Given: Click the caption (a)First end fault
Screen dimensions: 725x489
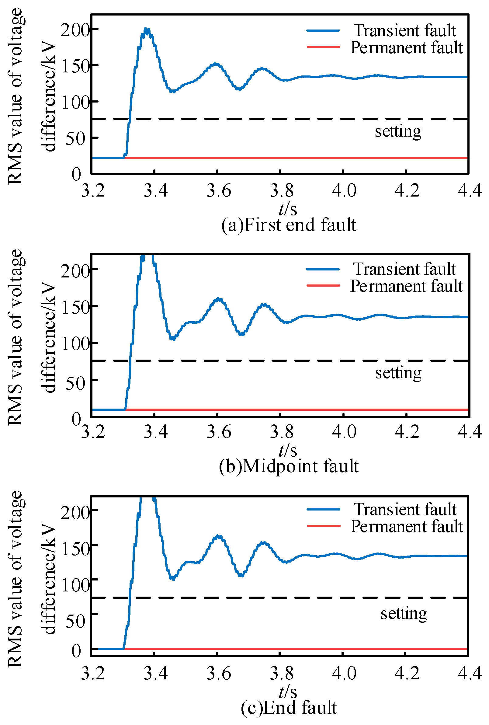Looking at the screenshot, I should [x=289, y=225].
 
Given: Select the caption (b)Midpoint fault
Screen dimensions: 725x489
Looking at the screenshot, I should [x=289, y=466].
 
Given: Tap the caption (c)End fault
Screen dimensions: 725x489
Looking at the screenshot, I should [x=289, y=708].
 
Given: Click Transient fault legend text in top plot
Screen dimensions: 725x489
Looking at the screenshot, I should [x=404, y=30].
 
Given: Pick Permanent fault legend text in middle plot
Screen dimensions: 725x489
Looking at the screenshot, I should [x=406, y=286].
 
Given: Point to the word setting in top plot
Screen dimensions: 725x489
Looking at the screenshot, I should [x=398, y=131].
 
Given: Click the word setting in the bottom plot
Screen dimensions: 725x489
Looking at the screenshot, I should [x=404, y=614].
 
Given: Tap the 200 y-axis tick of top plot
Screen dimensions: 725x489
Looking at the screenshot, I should [x=75, y=30].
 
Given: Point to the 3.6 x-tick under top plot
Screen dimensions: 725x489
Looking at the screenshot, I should [x=219, y=190].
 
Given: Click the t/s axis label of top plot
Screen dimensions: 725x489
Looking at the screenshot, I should [x=288, y=209].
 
